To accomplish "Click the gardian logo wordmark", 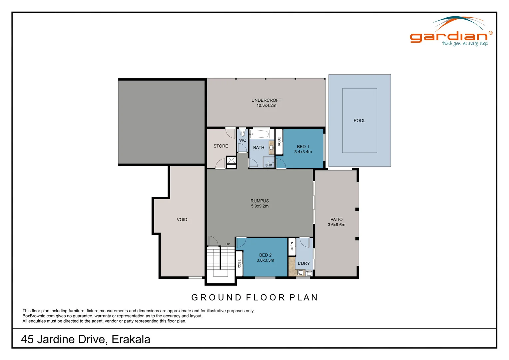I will coord(448,37).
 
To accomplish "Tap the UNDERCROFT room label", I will coord(266,100).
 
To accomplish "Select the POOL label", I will coord(359,121).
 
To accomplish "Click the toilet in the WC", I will coord(242,133).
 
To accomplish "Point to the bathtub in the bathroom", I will coord(259,135).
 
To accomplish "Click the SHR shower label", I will coord(268,165).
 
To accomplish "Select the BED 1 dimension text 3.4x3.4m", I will coord(303,152).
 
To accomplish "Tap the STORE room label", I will coord(221,146).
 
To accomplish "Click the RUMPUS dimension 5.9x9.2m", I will coord(259,206).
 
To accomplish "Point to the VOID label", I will coord(182,220).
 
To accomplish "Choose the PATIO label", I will coord(336,219).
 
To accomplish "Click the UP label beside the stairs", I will coord(228,244).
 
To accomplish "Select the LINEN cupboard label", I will coord(292,247).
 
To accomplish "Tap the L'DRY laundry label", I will coord(303,263).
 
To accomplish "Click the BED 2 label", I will coord(265,255).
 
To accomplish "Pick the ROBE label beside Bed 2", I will coord(239,264).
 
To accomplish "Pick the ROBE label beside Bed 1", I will coord(279,142).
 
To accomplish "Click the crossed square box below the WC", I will coord(231,160).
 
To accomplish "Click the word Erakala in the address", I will coord(131,339).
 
